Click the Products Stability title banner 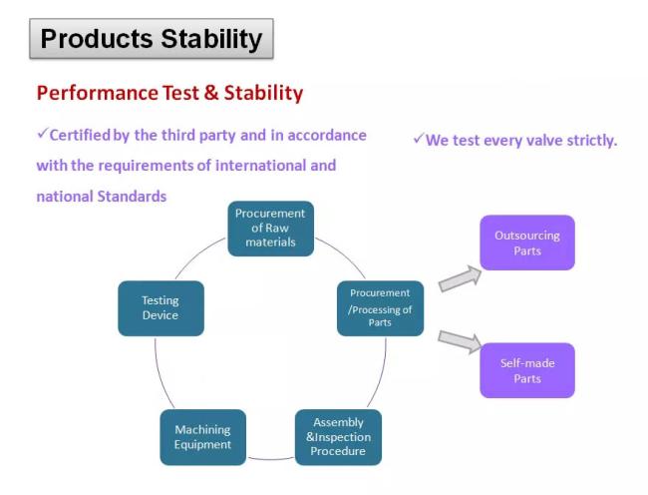click(152, 39)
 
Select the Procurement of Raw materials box click(271, 229)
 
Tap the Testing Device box click(161, 308)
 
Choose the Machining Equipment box click(203, 437)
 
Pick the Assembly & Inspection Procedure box click(339, 437)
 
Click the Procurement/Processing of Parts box click(380, 308)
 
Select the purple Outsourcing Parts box click(527, 243)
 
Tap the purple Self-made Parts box click(527, 370)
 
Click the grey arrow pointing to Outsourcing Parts click(460, 278)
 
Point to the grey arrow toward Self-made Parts click(460, 341)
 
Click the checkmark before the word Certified click(43, 133)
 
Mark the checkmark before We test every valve click(419, 139)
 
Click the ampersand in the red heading click(210, 92)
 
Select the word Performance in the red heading click(97, 93)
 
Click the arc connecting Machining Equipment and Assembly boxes click(271, 459)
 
